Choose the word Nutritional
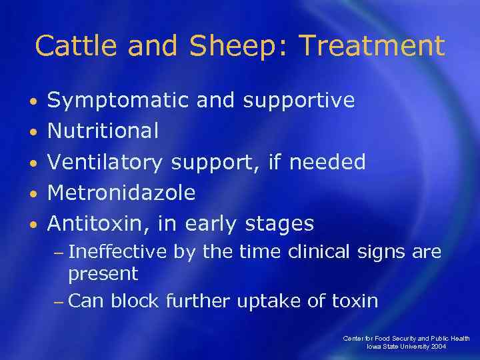(103, 131)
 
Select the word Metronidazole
(121, 193)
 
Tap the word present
(103, 274)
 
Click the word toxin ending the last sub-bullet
(353, 301)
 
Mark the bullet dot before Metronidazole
(33, 194)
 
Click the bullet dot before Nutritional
(33, 132)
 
